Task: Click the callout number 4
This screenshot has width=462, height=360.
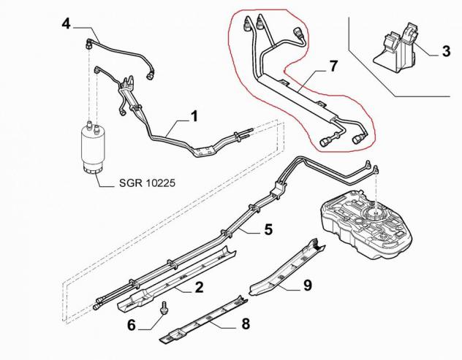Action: pyautogui.click(x=67, y=23)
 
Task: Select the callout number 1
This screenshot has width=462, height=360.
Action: pyautogui.click(x=194, y=116)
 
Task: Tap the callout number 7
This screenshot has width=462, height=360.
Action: pyautogui.click(x=333, y=66)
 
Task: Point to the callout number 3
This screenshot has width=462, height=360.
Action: pyautogui.click(x=447, y=51)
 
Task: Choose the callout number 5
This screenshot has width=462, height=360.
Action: pyautogui.click(x=268, y=229)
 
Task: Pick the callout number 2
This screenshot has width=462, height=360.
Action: pyautogui.click(x=200, y=287)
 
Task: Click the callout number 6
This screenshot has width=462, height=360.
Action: pyautogui.click(x=132, y=325)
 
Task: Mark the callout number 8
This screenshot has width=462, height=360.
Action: pyautogui.click(x=246, y=323)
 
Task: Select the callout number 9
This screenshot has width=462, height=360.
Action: pyautogui.click(x=307, y=286)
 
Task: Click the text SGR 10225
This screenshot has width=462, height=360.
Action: pyautogui.click(x=147, y=183)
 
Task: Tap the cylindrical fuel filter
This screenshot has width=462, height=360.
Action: pyautogui.click(x=94, y=148)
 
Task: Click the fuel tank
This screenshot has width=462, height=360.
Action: pyautogui.click(x=366, y=223)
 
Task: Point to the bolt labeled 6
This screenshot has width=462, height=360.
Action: pyautogui.click(x=162, y=308)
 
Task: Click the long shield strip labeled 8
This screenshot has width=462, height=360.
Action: pyautogui.click(x=203, y=320)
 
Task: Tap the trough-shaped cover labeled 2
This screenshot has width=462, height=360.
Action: pyautogui.click(x=176, y=277)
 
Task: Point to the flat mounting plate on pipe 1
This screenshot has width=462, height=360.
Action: pyautogui.click(x=205, y=151)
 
